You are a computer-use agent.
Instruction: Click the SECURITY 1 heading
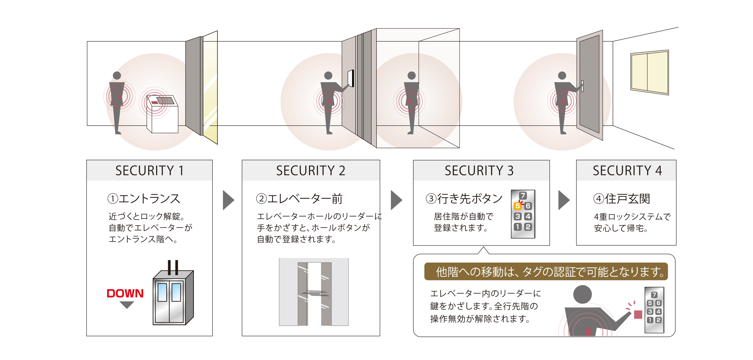(x=149, y=171)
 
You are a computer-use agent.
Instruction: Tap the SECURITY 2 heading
(x=310, y=171)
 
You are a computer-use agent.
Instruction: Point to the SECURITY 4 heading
(x=627, y=171)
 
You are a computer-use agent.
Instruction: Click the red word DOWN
(x=125, y=293)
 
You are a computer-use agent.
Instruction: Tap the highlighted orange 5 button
(x=517, y=206)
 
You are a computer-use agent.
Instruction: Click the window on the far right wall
(x=649, y=72)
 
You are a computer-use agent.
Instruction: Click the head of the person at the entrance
(x=117, y=75)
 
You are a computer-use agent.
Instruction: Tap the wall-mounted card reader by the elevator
(x=351, y=78)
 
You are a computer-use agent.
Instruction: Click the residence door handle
(x=582, y=86)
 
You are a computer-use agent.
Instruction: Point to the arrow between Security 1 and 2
(x=228, y=200)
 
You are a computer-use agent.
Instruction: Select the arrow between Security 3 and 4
(x=564, y=200)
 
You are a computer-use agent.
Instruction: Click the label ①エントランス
(x=144, y=199)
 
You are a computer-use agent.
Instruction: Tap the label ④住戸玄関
(x=621, y=199)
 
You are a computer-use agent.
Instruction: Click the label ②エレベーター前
(x=299, y=199)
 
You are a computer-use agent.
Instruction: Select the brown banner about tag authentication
(x=545, y=271)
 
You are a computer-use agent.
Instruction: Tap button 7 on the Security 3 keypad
(x=523, y=195)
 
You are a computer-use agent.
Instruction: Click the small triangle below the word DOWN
(x=127, y=305)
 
